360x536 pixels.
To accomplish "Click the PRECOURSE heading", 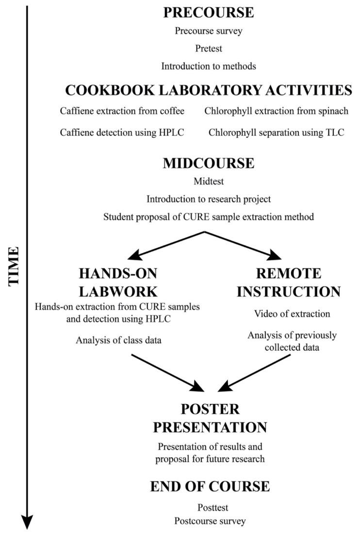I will tap(209, 13).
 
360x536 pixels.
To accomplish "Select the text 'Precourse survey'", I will tap(209, 31).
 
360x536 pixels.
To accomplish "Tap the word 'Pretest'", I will tap(209, 49).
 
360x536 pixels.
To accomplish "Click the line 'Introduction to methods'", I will tap(209, 66).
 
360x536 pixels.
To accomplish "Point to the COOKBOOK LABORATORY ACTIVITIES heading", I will tap(209, 90).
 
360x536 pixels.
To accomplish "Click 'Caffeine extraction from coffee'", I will tap(122, 111).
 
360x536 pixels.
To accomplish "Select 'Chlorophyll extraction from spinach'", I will tap(276, 111).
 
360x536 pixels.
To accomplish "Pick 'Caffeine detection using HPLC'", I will tap(122, 132).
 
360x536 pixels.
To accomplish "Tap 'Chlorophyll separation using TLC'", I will tap(276, 132).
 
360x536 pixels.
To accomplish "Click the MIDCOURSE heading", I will tap(209, 163).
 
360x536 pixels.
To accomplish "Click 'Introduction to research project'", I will tap(209, 199).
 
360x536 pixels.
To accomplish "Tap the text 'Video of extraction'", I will tap(292, 313).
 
